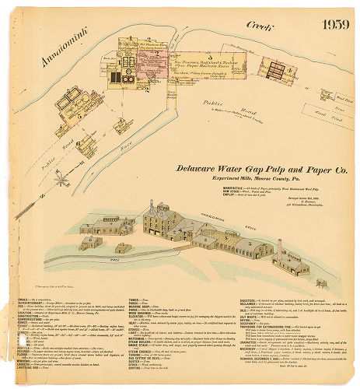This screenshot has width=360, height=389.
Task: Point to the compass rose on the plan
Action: (x=59, y=181)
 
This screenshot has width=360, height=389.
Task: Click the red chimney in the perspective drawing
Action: (x=279, y=248)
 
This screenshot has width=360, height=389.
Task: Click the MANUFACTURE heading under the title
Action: (x=231, y=187)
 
